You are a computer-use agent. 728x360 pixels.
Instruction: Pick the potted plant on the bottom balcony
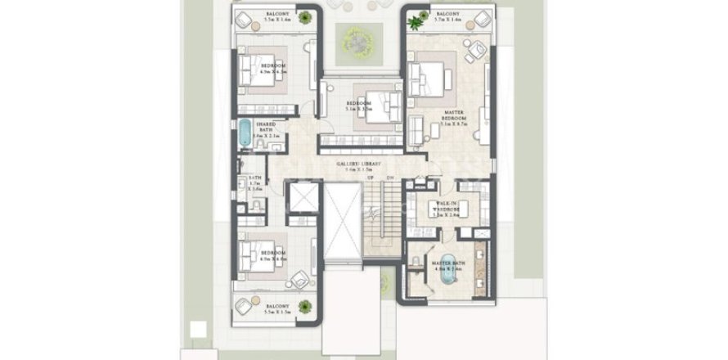(303, 307)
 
